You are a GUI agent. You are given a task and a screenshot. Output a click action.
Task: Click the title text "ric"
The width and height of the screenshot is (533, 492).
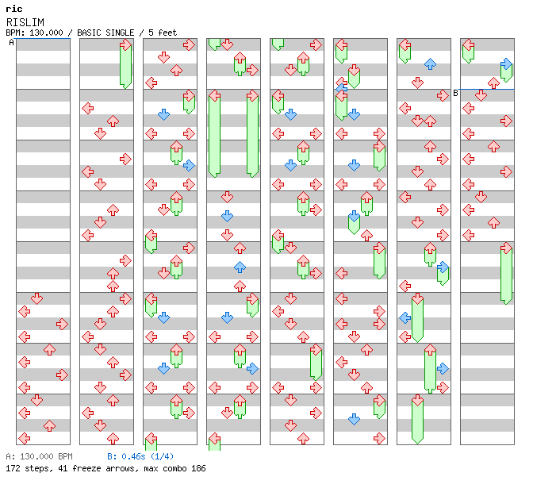(13, 9)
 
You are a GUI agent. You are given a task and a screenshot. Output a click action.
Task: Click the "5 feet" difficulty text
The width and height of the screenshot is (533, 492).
(163, 33)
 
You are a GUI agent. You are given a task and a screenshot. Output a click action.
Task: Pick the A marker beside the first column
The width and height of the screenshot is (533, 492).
(12, 43)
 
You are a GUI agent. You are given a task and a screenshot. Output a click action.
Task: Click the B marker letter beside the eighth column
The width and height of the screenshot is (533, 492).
(455, 93)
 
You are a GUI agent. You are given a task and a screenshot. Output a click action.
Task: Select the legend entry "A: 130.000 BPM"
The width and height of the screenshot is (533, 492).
(39, 456)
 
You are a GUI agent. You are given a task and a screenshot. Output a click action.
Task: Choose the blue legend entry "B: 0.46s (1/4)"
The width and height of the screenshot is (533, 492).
(140, 456)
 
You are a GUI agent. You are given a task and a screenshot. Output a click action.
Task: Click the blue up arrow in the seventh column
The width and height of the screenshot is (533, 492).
(430, 63)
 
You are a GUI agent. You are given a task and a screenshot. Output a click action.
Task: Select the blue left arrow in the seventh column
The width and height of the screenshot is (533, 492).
(405, 317)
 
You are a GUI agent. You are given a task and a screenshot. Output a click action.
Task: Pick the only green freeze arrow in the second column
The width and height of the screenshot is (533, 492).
(125, 65)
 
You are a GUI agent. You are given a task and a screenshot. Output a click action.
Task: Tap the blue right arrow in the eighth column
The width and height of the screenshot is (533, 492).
(506, 63)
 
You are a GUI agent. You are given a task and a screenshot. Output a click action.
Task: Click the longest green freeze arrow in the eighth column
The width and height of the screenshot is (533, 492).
(506, 274)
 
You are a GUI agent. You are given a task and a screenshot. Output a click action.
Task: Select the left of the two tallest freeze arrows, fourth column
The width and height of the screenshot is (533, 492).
(214, 133)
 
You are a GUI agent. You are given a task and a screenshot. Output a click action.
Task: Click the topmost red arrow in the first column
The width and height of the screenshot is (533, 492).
(36, 298)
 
